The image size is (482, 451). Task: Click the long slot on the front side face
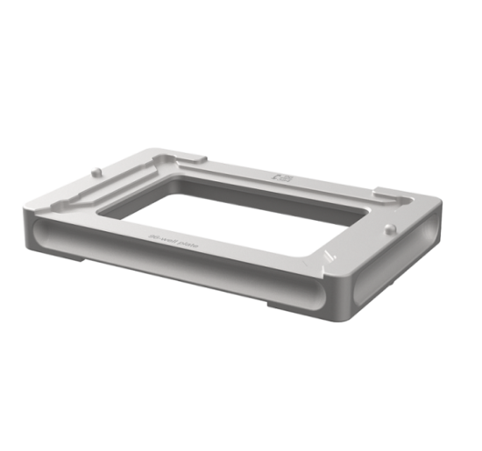pos(175,267)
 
